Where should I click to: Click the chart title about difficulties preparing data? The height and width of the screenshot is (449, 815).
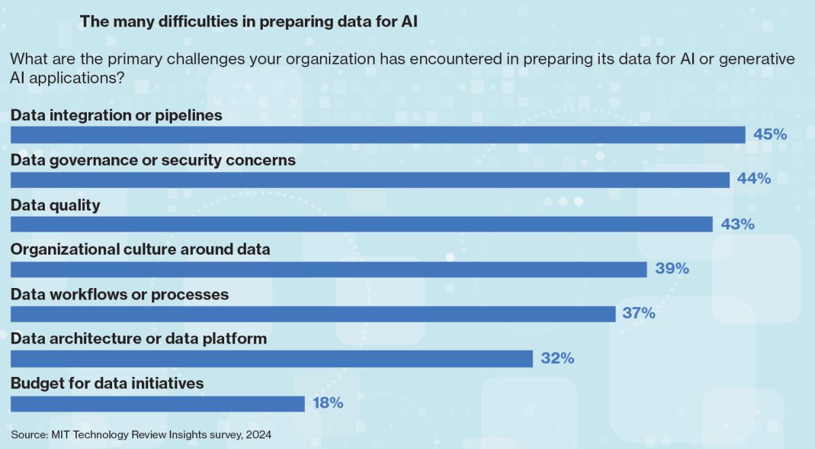pyautogui.click(x=249, y=22)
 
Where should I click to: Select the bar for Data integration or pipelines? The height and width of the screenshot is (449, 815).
pyautogui.click(x=378, y=135)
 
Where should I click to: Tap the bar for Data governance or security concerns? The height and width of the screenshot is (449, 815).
pyautogui.click(x=369, y=179)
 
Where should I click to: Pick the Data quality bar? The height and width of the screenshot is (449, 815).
pyautogui.click(x=361, y=224)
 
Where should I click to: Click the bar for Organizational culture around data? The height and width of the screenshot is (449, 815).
pyautogui.click(x=329, y=269)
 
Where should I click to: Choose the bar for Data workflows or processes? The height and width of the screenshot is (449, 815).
pyautogui.click(x=313, y=314)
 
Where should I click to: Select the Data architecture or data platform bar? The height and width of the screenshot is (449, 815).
pyautogui.click(x=272, y=359)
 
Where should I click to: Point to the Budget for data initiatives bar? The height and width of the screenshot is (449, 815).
pyautogui.click(x=158, y=403)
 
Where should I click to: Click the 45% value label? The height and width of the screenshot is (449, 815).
pyautogui.click(x=770, y=134)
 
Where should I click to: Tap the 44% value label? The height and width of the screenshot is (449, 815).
pyautogui.click(x=754, y=179)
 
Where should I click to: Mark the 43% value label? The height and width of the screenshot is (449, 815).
pyautogui.click(x=738, y=224)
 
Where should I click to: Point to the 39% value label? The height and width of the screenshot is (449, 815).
pyautogui.click(x=672, y=269)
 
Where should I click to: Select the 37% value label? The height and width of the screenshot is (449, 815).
pyautogui.click(x=638, y=314)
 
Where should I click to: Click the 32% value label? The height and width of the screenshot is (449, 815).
pyautogui.click(x=558, y=359)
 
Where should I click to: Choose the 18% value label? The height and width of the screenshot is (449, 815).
pyautogui.click(x=327, y=403)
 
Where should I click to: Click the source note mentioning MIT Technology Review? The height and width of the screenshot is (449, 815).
pyautogui.click(x=141, y=435)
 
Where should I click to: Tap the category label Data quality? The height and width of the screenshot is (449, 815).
pyautogui.click(x=56, y=205)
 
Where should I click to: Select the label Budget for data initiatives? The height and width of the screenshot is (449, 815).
pyautogui.click(x=107, y=383)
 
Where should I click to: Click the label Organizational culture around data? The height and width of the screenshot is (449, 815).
pyautogui.click(x=141, y=249)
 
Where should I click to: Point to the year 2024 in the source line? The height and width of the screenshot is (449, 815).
pyautogui.click(x=259, y=435)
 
